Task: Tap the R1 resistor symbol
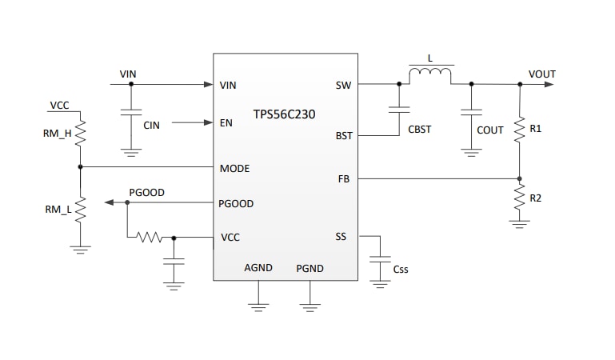[x=520, y=130]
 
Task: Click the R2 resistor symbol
[x=520, y=201]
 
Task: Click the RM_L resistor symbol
[x=80, y=210]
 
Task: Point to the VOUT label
[x=541, y=74]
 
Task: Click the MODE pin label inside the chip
[x=234, y=169]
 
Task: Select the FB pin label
[x=344, y=179]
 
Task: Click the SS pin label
[x=341, y=237]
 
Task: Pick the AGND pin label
[x=258, y=268]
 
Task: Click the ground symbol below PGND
[x=309, y=305]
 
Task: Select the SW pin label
[x=343, y=84]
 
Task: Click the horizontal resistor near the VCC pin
[x=150, y=237]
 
